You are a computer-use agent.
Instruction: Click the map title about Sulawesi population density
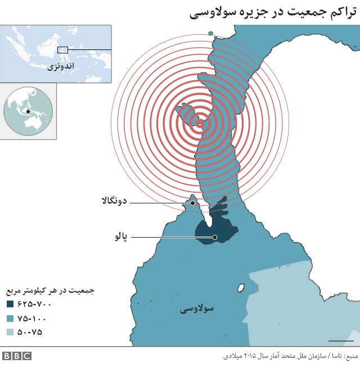point(273,12)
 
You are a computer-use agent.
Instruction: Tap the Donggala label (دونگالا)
point(115,201)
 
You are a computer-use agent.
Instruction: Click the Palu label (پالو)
point(121,237)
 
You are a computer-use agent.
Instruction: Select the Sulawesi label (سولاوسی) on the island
point(197,308)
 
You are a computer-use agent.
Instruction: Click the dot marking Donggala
point(192,203)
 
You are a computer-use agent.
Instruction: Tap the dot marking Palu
point(215,237)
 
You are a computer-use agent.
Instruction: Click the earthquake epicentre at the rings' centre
point(200,123)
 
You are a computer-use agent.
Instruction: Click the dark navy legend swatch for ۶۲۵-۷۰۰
point(11,304)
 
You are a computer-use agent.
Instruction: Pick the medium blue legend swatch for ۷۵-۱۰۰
point(11,318)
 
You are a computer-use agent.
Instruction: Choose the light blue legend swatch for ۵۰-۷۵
point(11,332)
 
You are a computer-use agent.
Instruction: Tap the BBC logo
point(16,356)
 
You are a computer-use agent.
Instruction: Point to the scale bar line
point(341,340)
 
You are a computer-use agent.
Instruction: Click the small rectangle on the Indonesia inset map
point(62,50)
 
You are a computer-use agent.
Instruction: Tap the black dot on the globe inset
point(28,111)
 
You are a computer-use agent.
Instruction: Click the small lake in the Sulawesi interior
point(242,287)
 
